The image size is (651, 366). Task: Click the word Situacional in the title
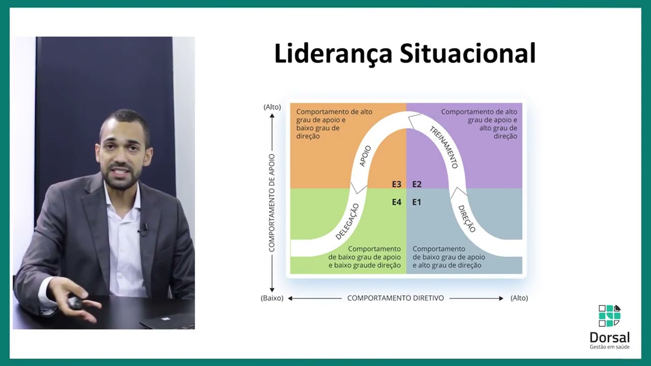(x=467, y=54)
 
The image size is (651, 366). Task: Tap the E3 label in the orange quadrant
(x=397, y=184)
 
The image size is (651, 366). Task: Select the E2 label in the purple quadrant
(x=417, y=184)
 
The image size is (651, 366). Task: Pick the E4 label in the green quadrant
(x=397, y=202)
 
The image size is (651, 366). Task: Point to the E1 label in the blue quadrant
(x=417, y=202)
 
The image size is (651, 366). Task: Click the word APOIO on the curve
(x=365, y=156)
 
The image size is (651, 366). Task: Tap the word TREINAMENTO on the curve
(x=444, y=147)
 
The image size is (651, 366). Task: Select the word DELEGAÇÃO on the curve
(x=347, y=222)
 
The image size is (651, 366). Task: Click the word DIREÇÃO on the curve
(x=466, y=219)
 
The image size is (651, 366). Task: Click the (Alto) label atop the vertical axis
(x=272, y=107)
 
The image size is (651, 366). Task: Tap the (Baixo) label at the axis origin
(x=272, y=298)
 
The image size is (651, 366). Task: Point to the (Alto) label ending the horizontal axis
(x=519, y=298)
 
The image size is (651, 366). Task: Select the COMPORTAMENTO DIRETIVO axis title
(x=396, y=298)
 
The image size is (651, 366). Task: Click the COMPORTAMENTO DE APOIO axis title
(x=272, y=203)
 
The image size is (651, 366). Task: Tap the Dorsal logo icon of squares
(x=609, y=316)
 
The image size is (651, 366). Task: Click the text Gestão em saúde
(x=609, y=347)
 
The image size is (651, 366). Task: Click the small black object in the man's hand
(x=76, y=303)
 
